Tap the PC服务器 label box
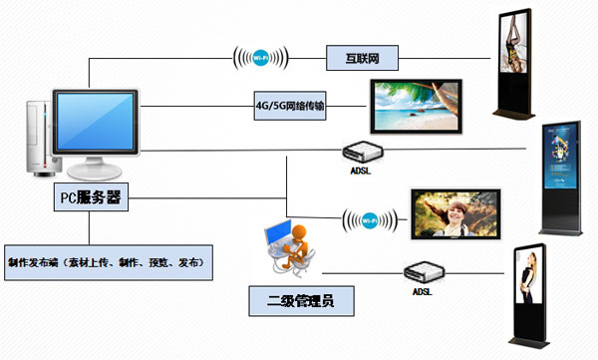click(90, 197)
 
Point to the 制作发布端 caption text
click(107, 262)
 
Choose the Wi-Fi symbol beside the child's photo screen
click(371, 218)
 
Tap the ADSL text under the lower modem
click(423, 292)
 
